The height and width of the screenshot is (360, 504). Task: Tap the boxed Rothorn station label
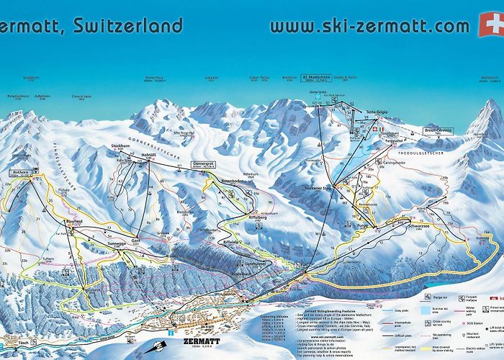20,173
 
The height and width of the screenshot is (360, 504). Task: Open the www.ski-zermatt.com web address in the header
369,26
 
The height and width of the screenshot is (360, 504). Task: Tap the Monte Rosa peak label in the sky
156,77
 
